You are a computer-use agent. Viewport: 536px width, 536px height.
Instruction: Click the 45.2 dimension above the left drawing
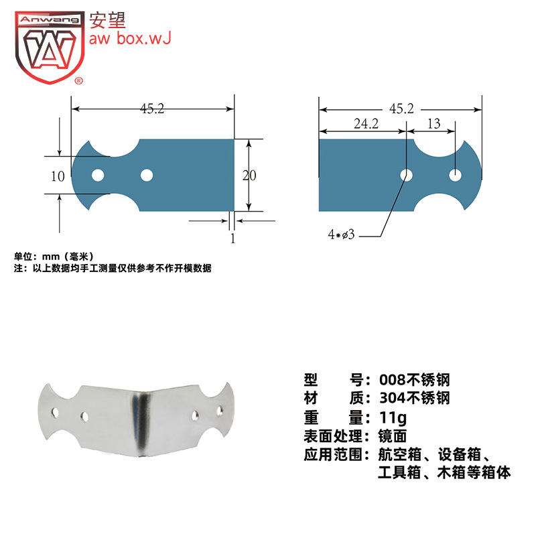152,109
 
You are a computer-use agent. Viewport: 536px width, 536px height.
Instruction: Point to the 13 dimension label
433,123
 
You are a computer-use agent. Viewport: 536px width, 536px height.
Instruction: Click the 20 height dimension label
249,176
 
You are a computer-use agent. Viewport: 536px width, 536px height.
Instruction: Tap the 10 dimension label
58,176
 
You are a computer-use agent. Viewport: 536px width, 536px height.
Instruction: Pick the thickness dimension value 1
232,238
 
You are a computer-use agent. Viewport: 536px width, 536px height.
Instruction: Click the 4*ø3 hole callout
341,234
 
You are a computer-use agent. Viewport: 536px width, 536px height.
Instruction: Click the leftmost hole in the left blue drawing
98,176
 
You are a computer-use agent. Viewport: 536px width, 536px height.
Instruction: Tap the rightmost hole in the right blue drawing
456,176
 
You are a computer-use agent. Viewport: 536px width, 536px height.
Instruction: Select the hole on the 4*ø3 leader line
406,176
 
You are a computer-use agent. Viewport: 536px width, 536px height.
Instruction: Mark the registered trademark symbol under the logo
78,81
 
